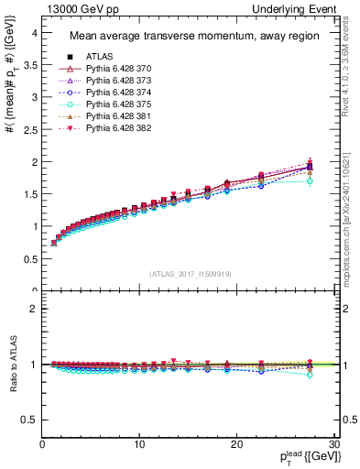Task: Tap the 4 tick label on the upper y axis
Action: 34,33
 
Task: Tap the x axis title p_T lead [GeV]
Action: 303,457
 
